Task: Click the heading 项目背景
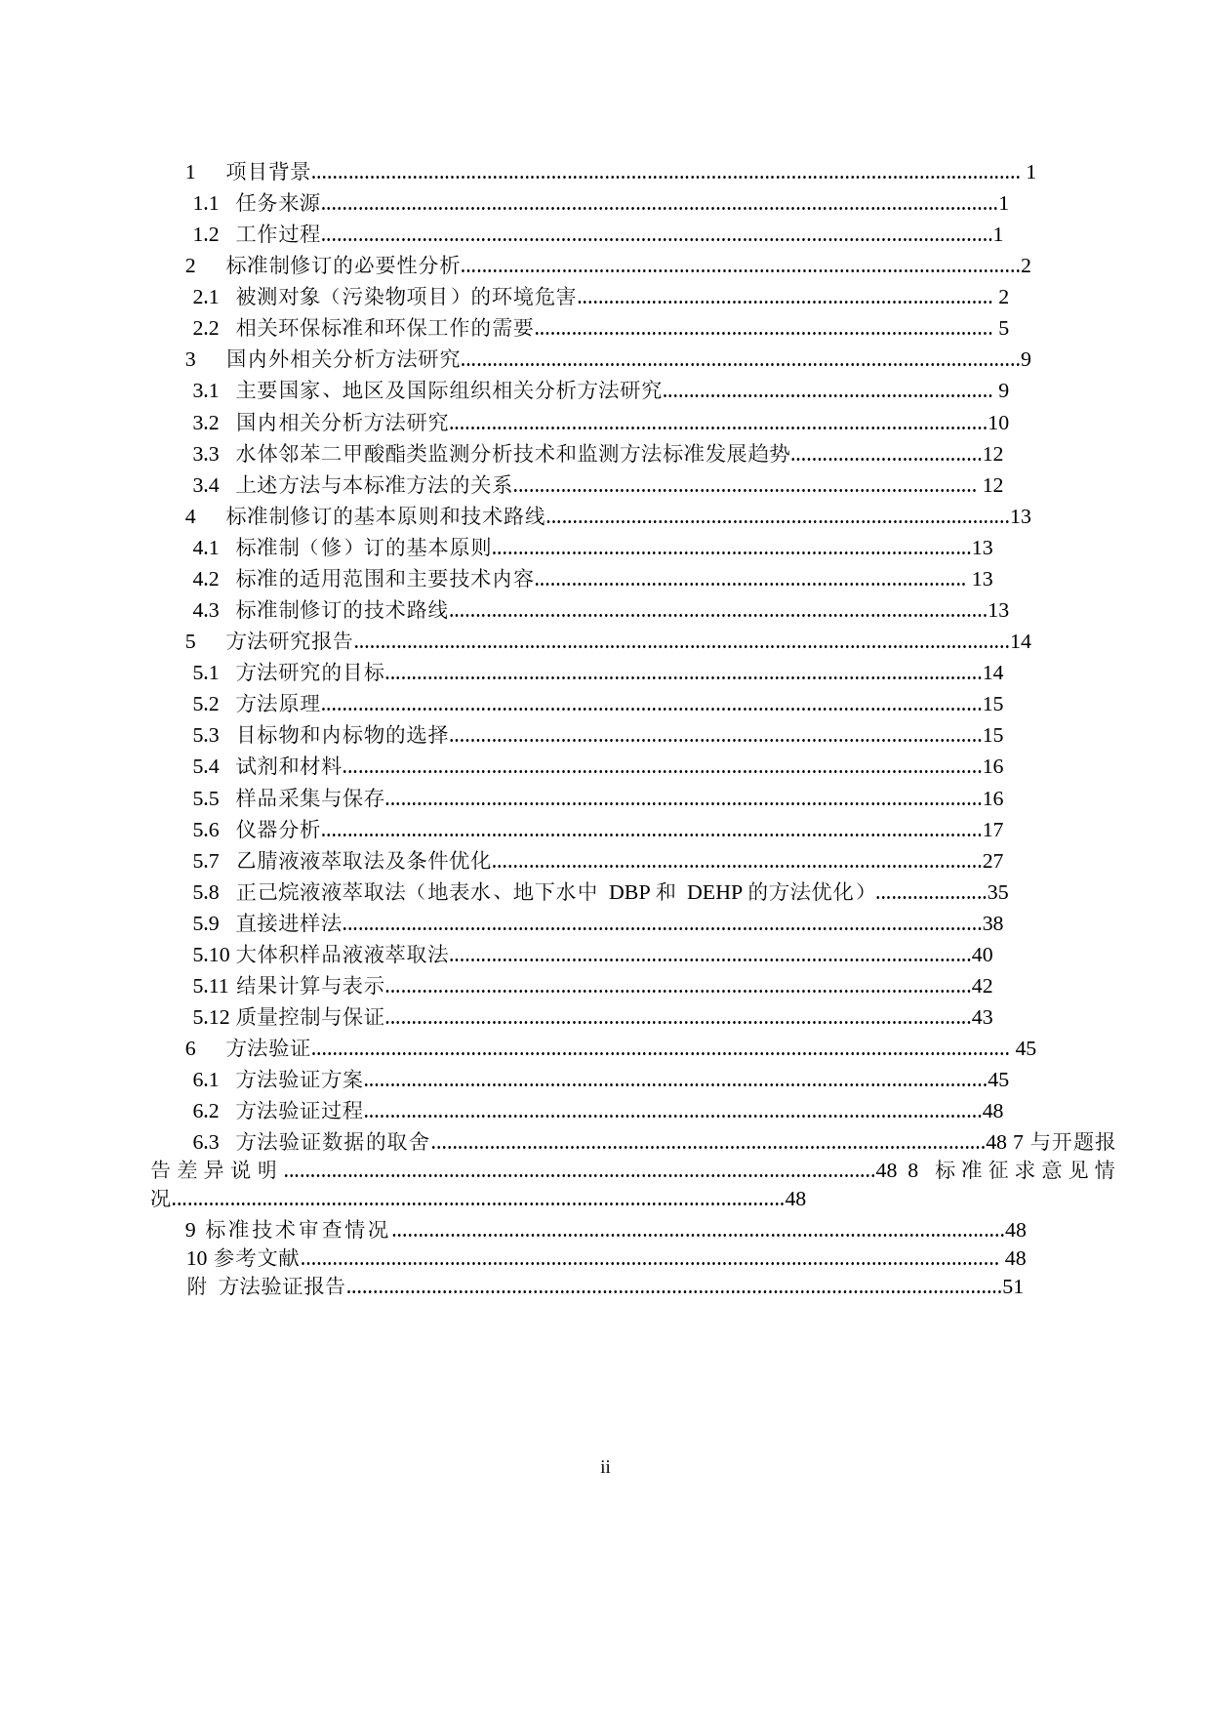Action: click(x=268, y=173)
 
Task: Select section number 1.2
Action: click(x=206, y=235)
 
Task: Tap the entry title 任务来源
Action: click(x=278, y=204)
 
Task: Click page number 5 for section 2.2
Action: click(x=1003, y=329)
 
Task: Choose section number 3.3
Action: click(x=206, y=454)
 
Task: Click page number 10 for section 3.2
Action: click(x=998, y=423)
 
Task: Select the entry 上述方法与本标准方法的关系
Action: click(x=374, y=485)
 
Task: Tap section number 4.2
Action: click(x=206, y=579)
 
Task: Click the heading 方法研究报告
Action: click(x=289, y=641)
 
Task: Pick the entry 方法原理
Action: click(x=278, y=704)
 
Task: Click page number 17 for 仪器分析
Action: click(x=992, y=831)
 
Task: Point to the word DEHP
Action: click(x=715, y=892)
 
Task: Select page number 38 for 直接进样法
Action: click(x=992, y=923)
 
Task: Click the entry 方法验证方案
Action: click(x=300, y=1080)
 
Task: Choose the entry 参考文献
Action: click(x=256, y=1259)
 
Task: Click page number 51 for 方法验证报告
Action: click(x=1013, y=1287)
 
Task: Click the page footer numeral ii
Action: click(x=605, y=1468)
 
